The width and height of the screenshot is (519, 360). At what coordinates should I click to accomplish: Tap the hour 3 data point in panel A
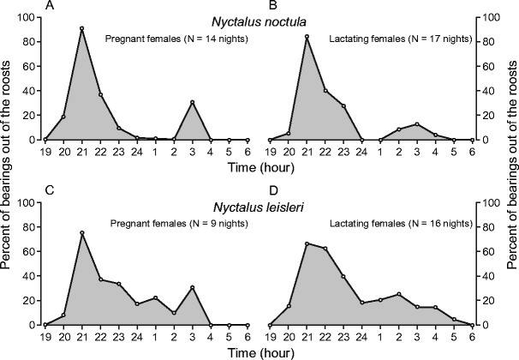point(193,102)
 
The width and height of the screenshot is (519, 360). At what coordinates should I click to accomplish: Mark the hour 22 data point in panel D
point(325,249)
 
